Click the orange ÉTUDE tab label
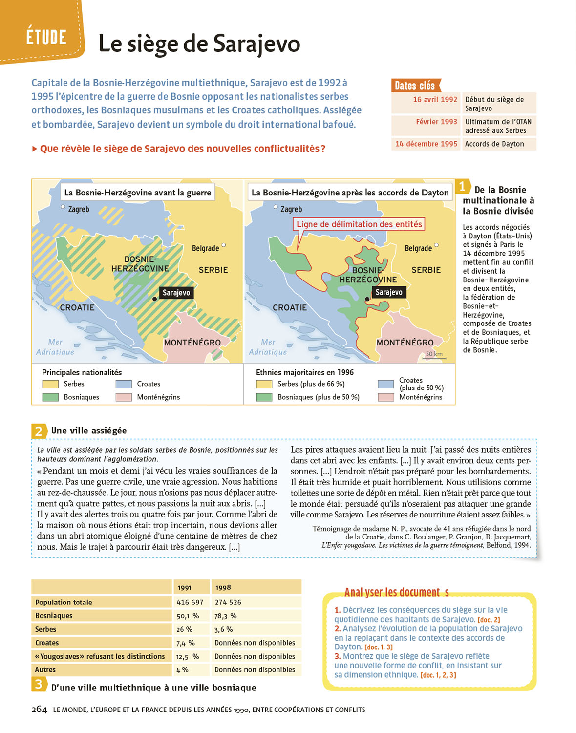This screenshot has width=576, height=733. pyautogui.click(x=46, y=37)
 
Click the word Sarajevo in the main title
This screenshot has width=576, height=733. pyautogui.click(x=256, y=43)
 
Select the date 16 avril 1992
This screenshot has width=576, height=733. pyautogui.click(x=435, y=99)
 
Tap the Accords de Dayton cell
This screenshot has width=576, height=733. pyautogui.click(x=494, y=144)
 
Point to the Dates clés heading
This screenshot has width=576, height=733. pyautogui.click(x=415, y=86)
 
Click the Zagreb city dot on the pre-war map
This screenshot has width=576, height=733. pyautogui.click(x=63, y=207)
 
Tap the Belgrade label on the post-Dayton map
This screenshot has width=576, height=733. pyautogui.click(x=418, y=248)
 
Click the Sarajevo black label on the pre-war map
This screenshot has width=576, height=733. pyautogui.click(x=176, y=293)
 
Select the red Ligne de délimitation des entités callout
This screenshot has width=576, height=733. pyautogui.click(x=359, y=224)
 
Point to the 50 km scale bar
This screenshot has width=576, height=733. pyautogui.click(x=434, y=358)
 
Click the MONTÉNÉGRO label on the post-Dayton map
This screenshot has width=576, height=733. pyautogui.click(x=405, y=343)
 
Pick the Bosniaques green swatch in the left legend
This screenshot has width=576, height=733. pyautogui.click(x=50, y=397)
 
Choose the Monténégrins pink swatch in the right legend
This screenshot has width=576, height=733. pyautogui.click(x=386, y=397)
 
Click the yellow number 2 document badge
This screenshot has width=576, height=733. pyautogui.click(x=39, y=431)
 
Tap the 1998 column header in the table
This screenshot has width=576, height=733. pyautogui.click(x=223, y=587)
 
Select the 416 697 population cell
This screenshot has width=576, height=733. pyautogui.click(x=190, y=602)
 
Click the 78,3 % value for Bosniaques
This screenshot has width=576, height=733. pyautogui.click(x=226, y=616)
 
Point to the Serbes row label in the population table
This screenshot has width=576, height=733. pyautogui.click(x=46, y=629)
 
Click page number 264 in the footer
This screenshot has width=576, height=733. pyautogui.click(x=39, y=710)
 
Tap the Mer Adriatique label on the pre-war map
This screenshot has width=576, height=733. pyautogui.click(x=55, y=347)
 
